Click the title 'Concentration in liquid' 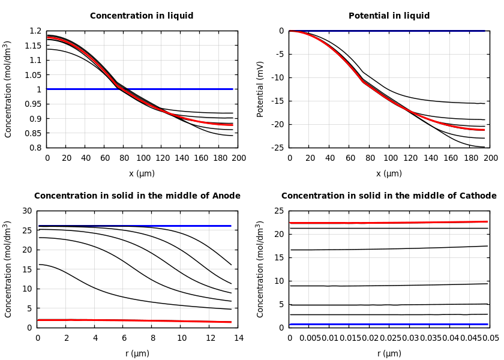coord(142,16)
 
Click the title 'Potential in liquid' coord(389,16)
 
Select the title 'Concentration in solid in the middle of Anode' coord(137,196)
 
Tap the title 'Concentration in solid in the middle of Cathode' coord(389,196)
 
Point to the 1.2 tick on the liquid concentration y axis coord(35,31)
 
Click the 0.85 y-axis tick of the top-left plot coord(33,133)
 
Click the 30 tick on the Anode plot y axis coord(26,211)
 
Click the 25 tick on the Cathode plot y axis coord(278,211)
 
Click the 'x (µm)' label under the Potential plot coord(389,174)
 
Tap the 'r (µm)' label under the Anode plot coord(137,354)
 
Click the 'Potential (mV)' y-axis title coord(260,89)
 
